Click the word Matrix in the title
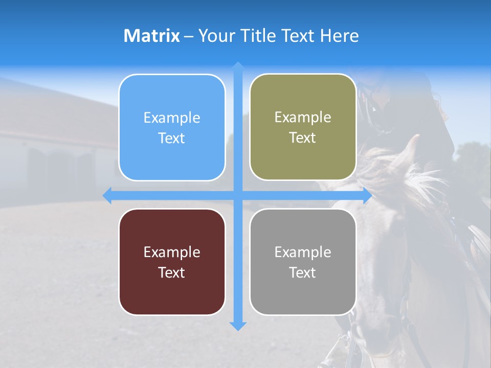(x=151, y=36)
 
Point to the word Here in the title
(x=339, y=36)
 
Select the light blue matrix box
(x=172, y=128)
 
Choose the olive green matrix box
(x=303, y=127)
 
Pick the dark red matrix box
(x=172, y=262)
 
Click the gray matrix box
(x=303, y=262)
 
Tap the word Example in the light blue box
(x=172, y=118)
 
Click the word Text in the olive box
(x=303, y=138)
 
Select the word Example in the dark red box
(x=172, y=252)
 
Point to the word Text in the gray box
(x=303, y=272)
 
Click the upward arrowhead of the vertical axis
(x=238, y=66)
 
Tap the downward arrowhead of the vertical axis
(x=238, y=326)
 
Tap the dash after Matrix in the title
(x=189, y=36)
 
